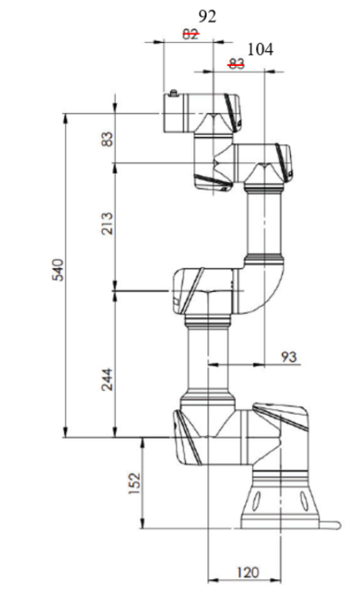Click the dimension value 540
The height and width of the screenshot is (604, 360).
coord(58,270)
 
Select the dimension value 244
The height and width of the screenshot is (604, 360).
coord(107,379)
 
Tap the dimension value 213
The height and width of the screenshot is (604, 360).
coord(107,223)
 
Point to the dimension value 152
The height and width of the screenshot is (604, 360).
coord(135,483)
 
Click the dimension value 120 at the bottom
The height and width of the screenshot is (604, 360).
coord(248,572)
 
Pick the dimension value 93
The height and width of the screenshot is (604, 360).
coord(288,357)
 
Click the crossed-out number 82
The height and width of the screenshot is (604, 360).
coord(191,34)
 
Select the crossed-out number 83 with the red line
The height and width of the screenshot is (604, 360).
coord(236,64)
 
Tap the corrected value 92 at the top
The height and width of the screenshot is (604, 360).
coord(207,16)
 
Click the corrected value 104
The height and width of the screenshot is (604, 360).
coord(261,49)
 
